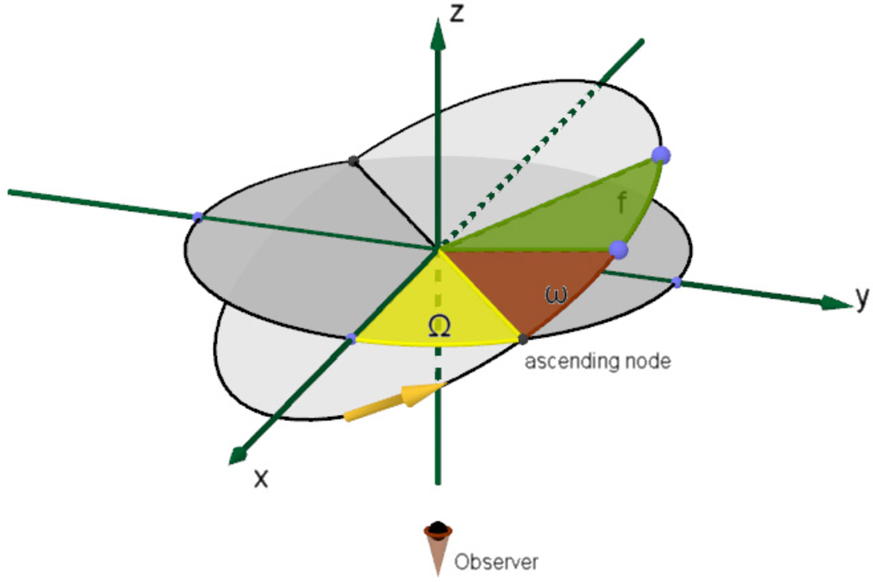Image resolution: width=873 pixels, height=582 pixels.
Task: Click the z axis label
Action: [457, 14]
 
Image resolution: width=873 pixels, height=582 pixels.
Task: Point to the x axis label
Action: [261, 479]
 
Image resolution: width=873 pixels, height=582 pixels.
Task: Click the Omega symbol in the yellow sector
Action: [439, 325]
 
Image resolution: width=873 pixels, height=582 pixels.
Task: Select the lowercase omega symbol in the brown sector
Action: [556, 295]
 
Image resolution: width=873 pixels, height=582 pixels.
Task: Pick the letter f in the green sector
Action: [623, 203]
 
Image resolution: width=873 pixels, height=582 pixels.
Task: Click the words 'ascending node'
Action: [598, 362]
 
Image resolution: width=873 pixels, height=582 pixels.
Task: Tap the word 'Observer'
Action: [496, 562]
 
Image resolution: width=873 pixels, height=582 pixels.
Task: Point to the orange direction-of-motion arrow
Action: [395, 402]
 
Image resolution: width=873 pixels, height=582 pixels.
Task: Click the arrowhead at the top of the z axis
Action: [438, 34]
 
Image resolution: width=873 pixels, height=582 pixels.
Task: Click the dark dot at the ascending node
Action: [522, 339]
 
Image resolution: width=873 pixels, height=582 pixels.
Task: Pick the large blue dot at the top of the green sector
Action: [661, 155]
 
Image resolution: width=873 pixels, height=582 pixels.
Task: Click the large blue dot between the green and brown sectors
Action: [618, 250]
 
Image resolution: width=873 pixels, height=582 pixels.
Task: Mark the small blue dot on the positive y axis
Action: [677, 282]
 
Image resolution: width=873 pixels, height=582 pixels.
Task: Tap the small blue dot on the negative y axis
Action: [198, 217]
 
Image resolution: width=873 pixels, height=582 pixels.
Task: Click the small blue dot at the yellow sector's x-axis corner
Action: [351, 338]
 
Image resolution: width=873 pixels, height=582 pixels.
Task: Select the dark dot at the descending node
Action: [353, 161]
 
